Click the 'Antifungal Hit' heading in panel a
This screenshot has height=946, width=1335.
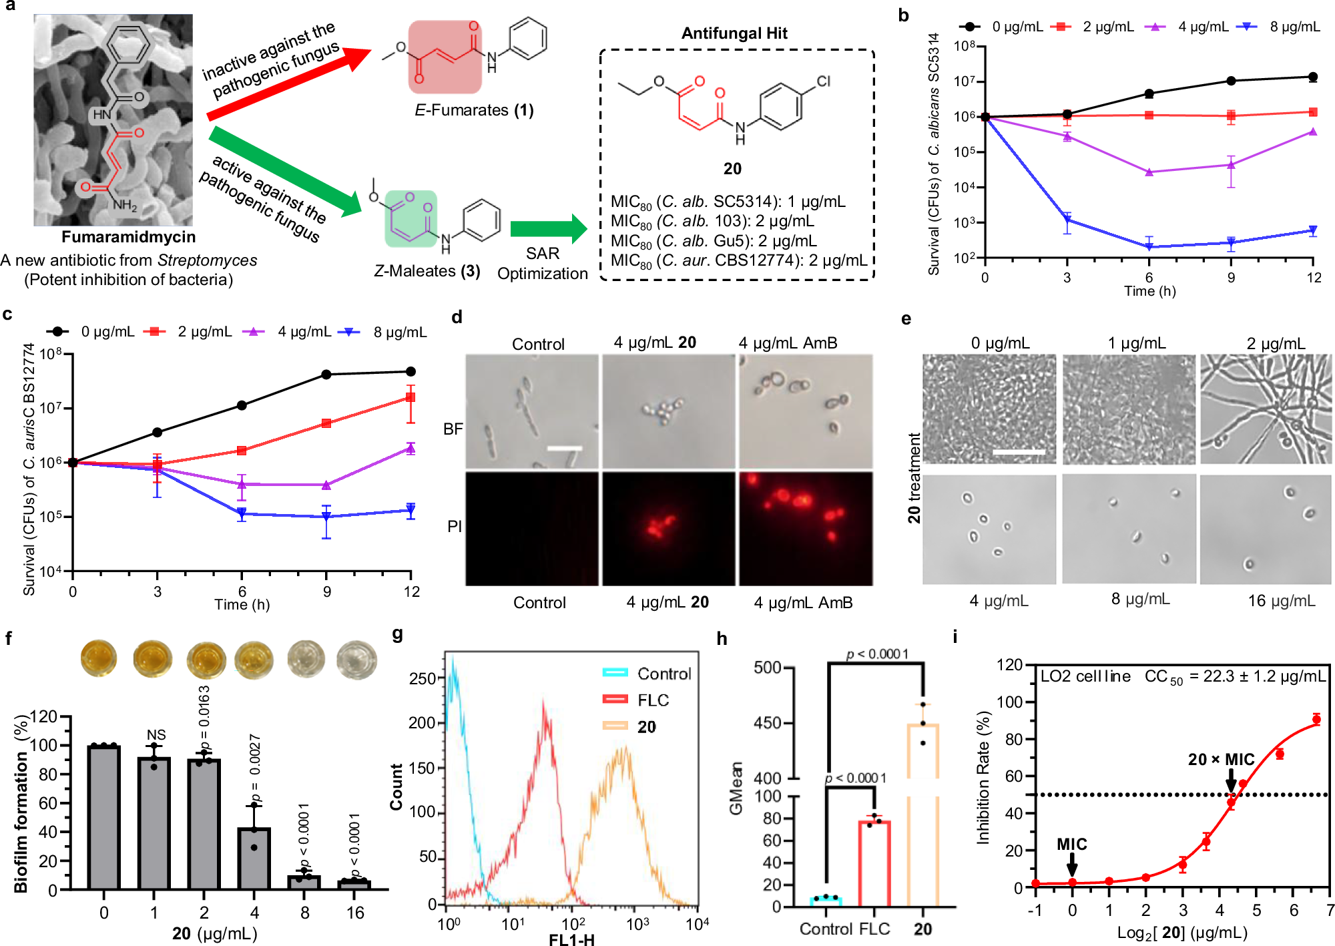tap(734, 33)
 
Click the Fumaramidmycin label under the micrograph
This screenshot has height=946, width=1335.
tap(129, 237)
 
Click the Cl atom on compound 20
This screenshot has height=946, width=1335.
tap(824, 81)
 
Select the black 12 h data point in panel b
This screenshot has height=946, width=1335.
tap(1313, 77)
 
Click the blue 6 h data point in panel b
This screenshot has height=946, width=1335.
tap(1149, 247)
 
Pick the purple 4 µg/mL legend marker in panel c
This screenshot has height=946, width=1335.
tap(254, 331)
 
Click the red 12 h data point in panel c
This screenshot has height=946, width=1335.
tap(411, 397)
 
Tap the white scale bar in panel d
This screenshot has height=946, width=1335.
tap(565, 448)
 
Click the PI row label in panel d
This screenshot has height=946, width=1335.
tap(455, 527)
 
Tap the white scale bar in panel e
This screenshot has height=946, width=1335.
tap(1019, 452)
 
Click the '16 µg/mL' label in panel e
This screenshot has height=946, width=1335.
tap(1282, 601)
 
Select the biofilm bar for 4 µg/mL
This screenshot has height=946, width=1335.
tap(254, 859)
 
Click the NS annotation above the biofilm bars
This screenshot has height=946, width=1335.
tap(156, 734)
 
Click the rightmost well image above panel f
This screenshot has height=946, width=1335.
tap(356, 659)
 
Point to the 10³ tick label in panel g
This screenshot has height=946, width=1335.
tap(637, 924)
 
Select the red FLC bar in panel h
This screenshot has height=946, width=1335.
tap(874, 863)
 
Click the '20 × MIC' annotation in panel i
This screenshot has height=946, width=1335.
tap(1221, 760)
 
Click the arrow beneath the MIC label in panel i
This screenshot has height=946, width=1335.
tap(1072, 865)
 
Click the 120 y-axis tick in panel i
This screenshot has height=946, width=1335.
tap(1010, 665)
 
